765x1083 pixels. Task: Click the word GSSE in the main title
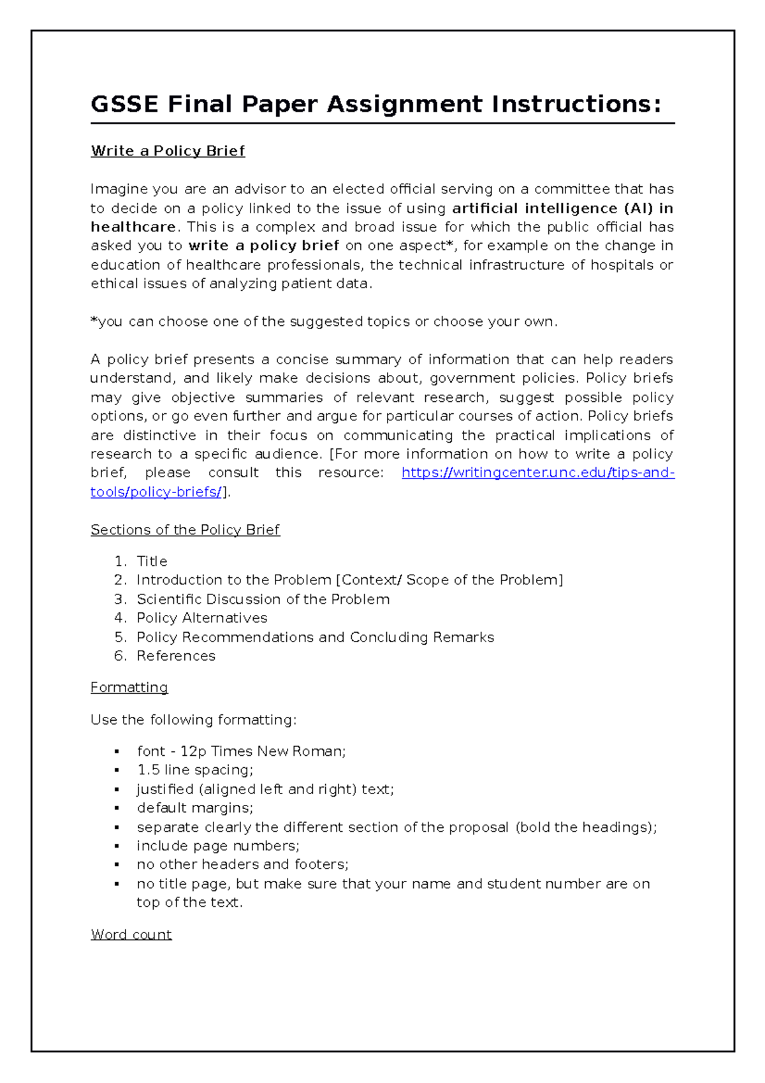(x=124, y=104)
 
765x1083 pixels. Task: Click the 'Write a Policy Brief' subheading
(x=168, y=151)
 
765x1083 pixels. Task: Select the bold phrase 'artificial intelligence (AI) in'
(x=562, y=208)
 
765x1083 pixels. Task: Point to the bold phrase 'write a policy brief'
(x=264, y=246)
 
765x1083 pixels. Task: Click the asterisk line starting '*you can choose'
(x=324, y=321)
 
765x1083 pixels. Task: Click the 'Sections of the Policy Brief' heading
(x=185, y=530)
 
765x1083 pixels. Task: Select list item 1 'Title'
(x=152, y=561)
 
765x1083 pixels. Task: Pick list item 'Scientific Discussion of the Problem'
(x=263, y=600)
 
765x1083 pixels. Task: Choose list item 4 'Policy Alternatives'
(x=201, y=618)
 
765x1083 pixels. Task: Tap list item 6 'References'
(x=176, y=656)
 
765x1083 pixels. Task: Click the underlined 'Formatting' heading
(x=129, y=688)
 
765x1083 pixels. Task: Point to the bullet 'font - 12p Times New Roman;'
(x=241, y=751)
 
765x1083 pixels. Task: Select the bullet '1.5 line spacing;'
(x=194, y=770)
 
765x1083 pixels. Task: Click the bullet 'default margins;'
(x=194, y=808)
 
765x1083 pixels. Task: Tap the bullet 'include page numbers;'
(x=217, y=846)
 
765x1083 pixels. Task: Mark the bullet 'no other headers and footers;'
(x=242, y=864)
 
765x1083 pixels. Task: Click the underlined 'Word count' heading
(x=131, y=934)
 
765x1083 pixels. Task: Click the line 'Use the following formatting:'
(x=193, y=720)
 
